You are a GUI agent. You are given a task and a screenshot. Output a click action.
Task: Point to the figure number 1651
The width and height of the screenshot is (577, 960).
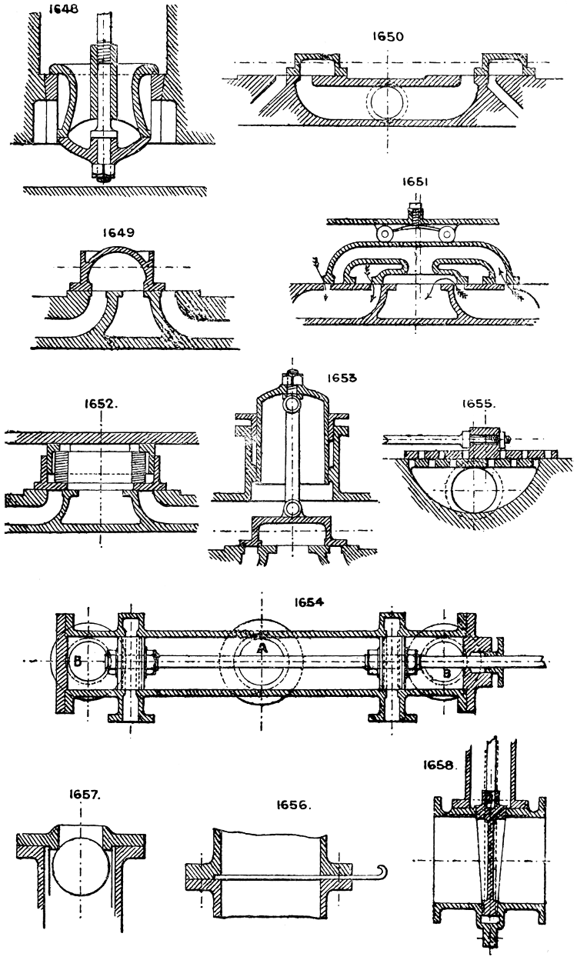414,182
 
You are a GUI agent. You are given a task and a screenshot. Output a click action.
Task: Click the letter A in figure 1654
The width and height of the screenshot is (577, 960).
262,648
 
